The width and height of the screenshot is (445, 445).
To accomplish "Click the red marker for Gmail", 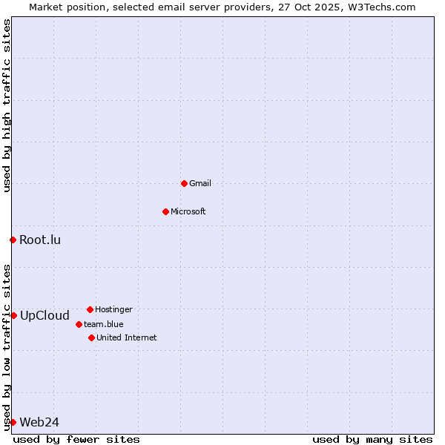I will pyautogui.click(x=184, y=183).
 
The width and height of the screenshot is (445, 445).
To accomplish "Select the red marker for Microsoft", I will pyautogui.click(x=165, y=211).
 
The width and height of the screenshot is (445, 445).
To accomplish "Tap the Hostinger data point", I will pyautogui.click(x=90, y=309).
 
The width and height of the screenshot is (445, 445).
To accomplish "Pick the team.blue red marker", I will pyautogui.click(x=79, y=324).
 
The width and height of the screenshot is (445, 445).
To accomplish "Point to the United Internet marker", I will pyautogui.click(x=91, y=337).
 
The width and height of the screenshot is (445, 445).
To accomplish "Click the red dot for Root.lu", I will pyautogui.click(x=13, y=240).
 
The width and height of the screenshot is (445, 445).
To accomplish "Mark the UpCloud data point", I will pyautogui.click(x=13, y=315).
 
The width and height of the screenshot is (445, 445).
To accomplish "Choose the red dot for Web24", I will pyautogui.click(x=13, y=422).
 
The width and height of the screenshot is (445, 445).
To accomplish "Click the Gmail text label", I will pyautogui.click(x=200, y=183).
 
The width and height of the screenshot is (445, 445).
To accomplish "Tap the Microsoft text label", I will pyautogui.click(x=188, y=211).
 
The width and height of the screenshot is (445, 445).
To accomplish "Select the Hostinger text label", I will pyautogui.click(x=113, y=309).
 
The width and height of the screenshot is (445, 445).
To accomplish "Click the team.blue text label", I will pyautogui.click(x=104, y=324).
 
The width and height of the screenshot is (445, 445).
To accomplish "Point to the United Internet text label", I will pyautogui.click(x=127, y=337).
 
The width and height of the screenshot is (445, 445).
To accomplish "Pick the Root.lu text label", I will pyautogui.click(x=40, y=240).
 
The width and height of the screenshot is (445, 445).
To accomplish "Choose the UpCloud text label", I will pyautogui.click(x=44, y=315).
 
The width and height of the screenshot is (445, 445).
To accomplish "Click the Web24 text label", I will pyautogui.click(x=39, y=422).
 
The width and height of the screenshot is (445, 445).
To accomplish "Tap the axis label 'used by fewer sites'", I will pyautogui.click(x=76, y=439).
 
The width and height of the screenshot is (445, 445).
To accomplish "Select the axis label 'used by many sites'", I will pyautogui.click(x=372, y=439).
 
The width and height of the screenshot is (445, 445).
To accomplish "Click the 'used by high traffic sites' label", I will pyautogui.click(x=7, y=106).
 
